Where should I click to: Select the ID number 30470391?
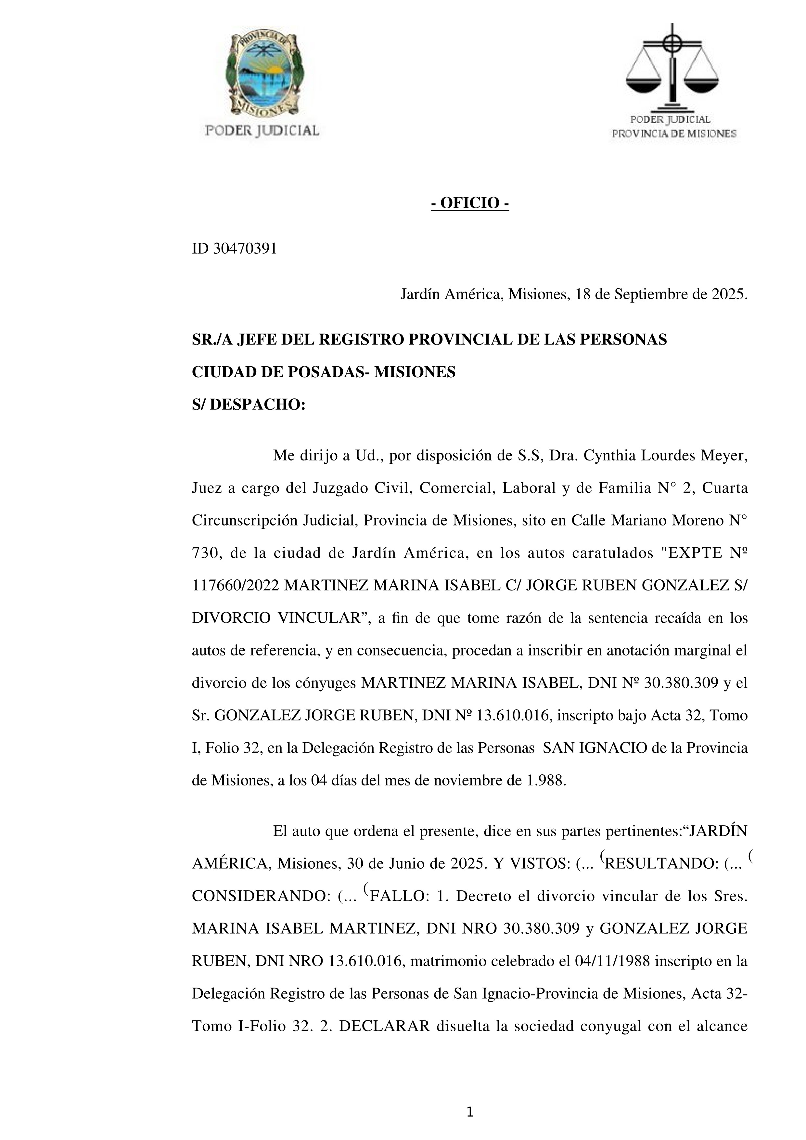click(x=245, y=249)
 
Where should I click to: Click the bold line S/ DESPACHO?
click(x=248, y=405)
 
